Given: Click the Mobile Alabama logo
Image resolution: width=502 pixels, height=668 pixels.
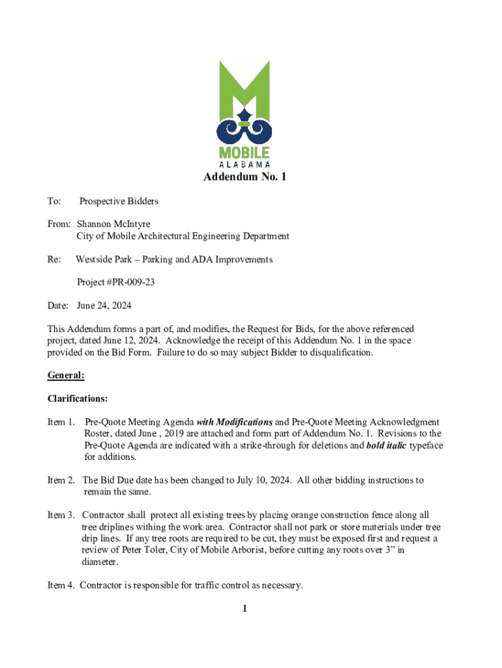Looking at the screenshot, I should click(x=244, y=111).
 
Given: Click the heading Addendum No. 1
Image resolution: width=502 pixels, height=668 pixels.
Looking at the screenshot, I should click(x=244, y=177).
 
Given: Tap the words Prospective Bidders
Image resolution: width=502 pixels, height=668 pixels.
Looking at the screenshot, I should click(x=119, y=202).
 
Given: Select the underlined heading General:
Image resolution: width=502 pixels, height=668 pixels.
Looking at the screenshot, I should click(x=66, y=375).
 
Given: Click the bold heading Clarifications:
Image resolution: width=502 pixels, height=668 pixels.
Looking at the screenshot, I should click(x=78, y=399).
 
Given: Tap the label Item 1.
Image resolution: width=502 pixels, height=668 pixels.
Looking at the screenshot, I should click(x=61, y=422).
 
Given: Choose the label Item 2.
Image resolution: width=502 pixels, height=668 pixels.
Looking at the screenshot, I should click(x=61, y=480).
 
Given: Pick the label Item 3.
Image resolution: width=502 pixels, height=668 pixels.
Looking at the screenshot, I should click(x=61, y=515).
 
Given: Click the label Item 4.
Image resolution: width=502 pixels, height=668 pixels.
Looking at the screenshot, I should click(x=61, y=585).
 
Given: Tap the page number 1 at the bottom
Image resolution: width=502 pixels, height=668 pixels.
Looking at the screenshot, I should click(x=244, y=609).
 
